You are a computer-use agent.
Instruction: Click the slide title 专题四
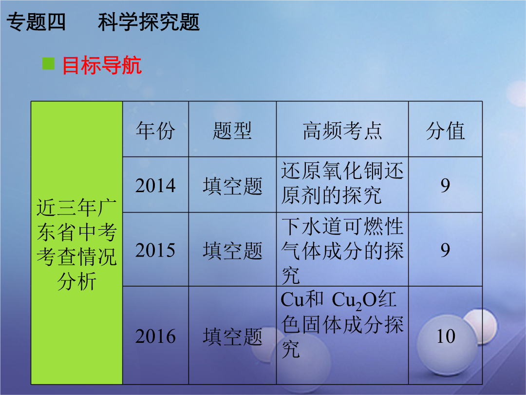36,22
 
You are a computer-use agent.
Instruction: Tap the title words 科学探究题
149,22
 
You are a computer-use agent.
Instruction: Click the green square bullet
48,63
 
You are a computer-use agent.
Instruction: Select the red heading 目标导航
102,65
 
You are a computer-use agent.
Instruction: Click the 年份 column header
156,130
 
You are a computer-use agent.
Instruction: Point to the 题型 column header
232,130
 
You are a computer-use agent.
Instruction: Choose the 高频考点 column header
342,130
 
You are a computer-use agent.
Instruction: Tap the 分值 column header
446,130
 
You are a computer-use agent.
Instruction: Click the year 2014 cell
155,185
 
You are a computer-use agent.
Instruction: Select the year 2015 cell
155,250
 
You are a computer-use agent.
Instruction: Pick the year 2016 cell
155,336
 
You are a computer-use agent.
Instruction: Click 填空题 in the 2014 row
232,186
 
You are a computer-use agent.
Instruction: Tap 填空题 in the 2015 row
232,251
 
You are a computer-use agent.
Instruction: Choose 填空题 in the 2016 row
232,336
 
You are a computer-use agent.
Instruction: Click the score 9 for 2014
445,185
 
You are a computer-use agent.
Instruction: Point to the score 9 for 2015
445,250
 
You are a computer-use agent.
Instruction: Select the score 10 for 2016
446,336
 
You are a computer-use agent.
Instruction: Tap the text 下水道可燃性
342,226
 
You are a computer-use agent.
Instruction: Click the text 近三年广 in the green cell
76,208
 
